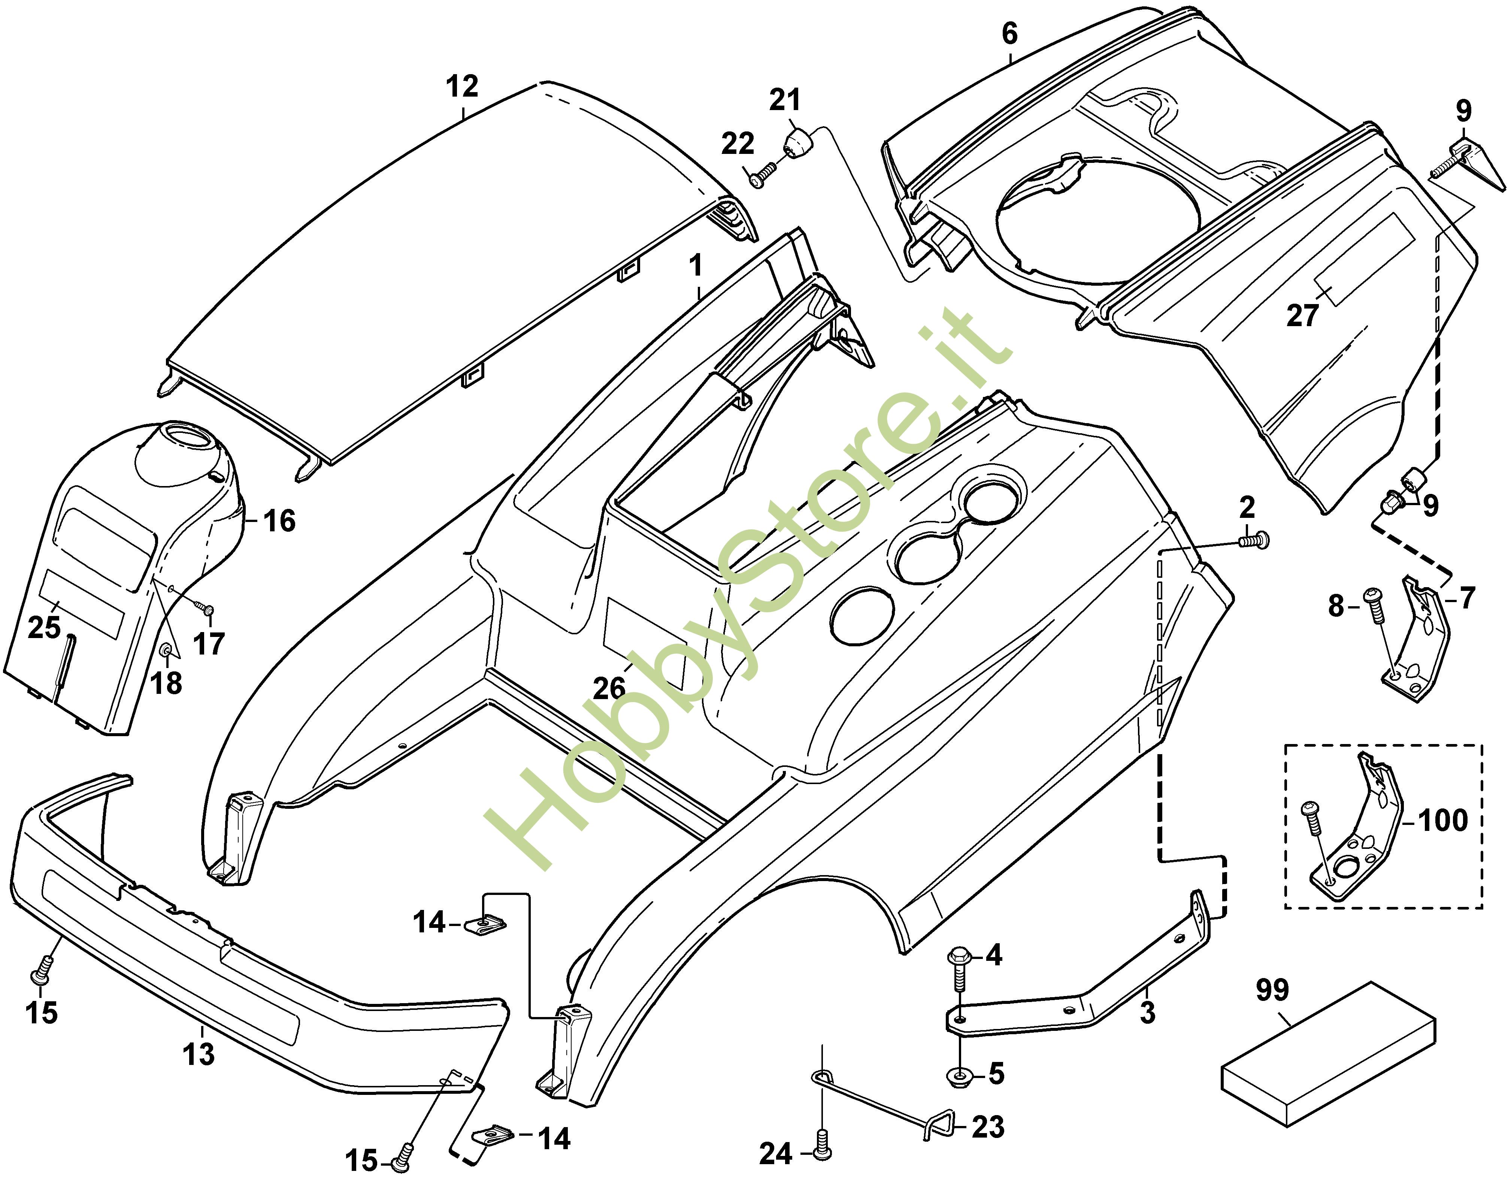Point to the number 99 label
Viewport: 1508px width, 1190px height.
[x=1272, y=990]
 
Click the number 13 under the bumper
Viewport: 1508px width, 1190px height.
[x=199, y=1053]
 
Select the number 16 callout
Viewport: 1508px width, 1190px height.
[x=279, y=520]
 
